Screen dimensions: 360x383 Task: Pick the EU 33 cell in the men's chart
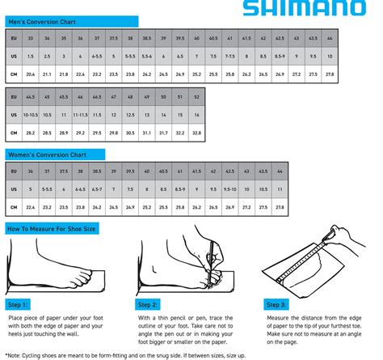tap(31, 37)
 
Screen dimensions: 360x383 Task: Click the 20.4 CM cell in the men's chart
tap(31, 74)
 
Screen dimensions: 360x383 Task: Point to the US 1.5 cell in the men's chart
tap(31, 56)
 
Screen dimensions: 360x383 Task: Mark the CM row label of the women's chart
tap(13, 204)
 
